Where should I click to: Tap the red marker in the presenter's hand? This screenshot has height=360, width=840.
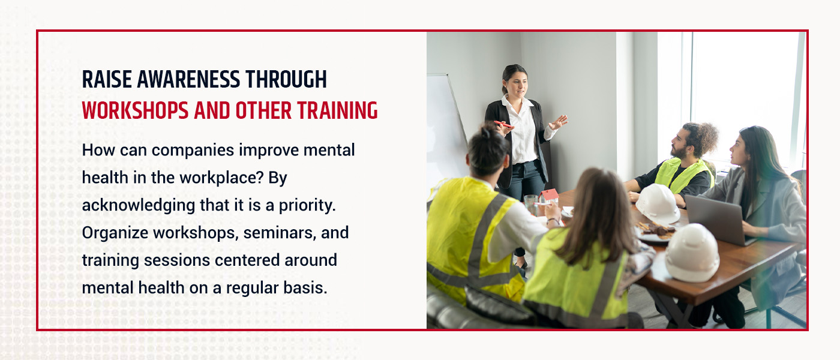[x=503, y=124]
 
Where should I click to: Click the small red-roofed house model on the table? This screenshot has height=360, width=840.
[x=548, y=197]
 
